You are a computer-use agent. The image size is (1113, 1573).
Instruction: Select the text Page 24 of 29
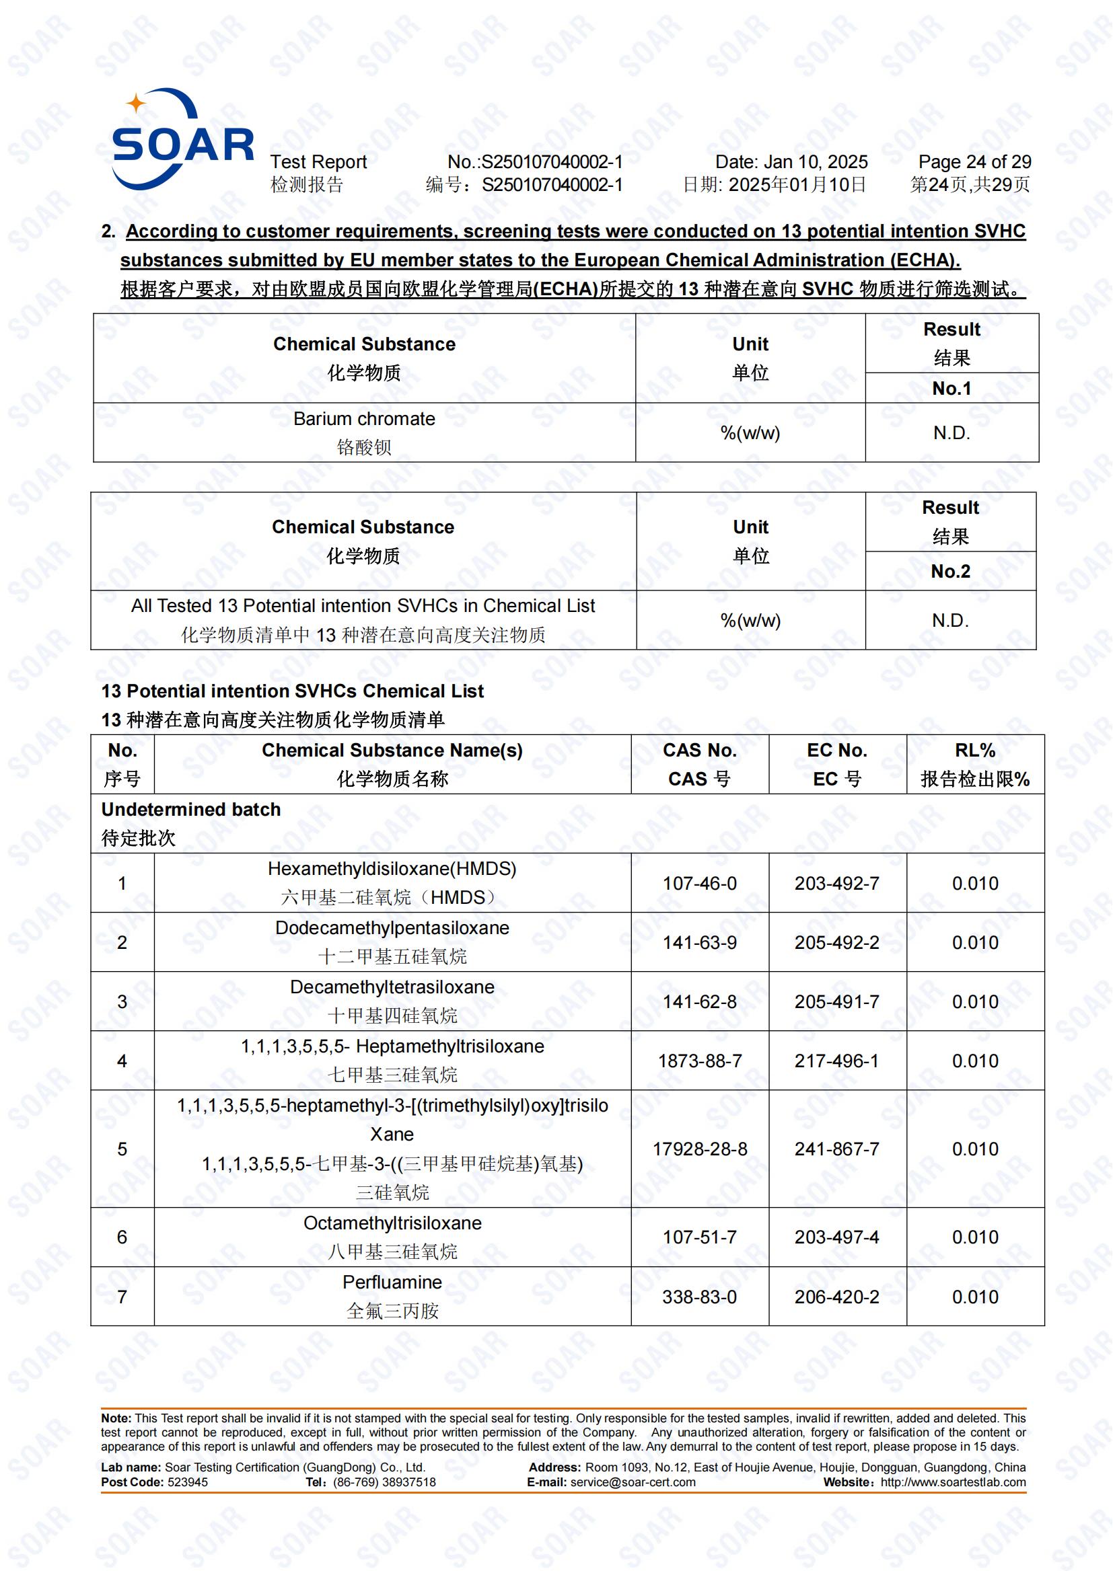974,162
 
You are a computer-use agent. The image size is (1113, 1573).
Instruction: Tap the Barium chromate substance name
364,419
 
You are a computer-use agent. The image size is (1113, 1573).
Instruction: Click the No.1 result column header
952,389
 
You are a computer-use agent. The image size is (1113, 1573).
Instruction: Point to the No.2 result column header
950,572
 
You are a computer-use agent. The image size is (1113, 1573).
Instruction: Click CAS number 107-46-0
699,883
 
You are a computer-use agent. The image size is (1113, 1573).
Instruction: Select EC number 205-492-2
836,943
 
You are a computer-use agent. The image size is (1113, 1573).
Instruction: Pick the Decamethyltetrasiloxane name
392,987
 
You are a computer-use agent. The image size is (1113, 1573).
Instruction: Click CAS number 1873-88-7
699,1061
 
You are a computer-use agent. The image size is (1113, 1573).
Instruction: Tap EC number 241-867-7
836,1149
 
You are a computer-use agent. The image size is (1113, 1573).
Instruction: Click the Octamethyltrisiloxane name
392,1223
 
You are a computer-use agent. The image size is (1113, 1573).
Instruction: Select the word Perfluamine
392,1282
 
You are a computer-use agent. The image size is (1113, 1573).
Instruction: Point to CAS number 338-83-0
699,1297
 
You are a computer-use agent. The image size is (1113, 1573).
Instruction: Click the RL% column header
974,751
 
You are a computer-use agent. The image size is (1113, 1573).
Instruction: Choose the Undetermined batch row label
191,810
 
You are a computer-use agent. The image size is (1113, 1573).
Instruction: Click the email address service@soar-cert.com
633,1482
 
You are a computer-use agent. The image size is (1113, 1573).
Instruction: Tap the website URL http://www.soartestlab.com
953,1482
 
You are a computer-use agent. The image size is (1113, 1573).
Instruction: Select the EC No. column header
836,751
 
